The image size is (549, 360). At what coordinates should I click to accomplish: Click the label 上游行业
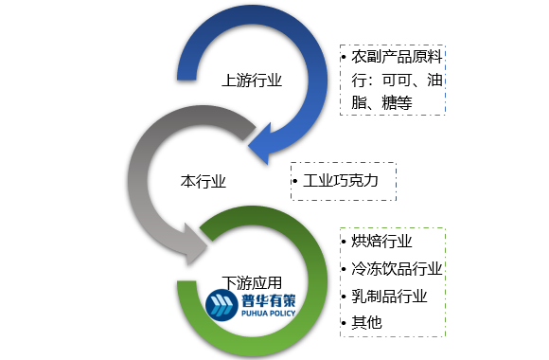(x=251, y=81)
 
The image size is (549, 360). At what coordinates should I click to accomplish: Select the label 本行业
(x=204, y=179)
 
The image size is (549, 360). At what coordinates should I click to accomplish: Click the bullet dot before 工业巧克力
(x=295, y=180)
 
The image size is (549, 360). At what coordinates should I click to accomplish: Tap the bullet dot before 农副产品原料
(x=345, y=58)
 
